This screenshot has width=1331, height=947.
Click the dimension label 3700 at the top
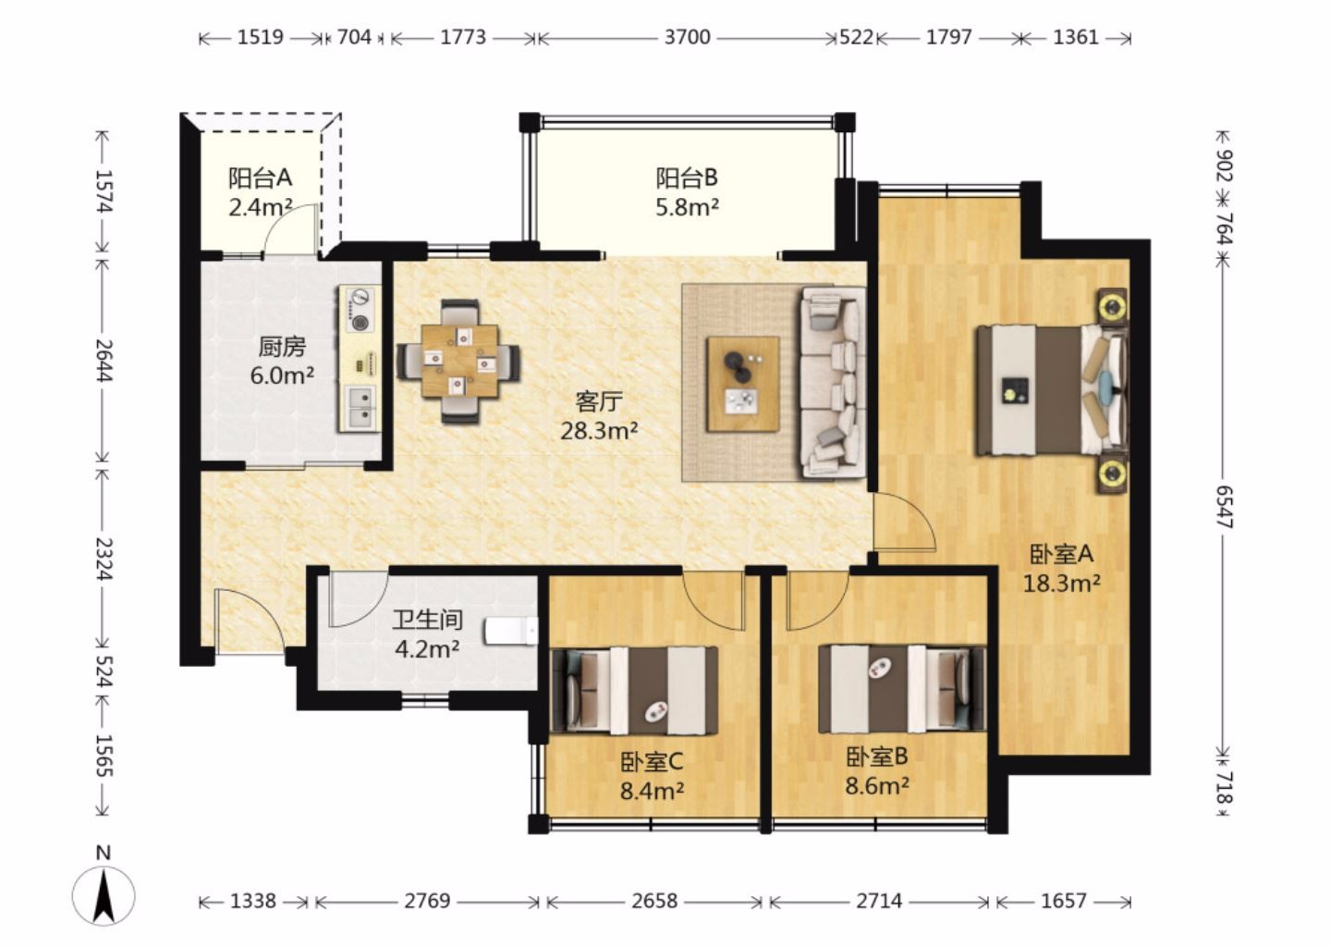click(687, 37)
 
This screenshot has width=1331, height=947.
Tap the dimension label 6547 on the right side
click(1225, 507)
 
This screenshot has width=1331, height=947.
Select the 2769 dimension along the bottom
click(427, 902)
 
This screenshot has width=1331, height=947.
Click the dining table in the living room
click(459, 361)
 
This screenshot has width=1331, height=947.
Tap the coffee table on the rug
click(742, 384)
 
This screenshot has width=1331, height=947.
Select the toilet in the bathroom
click(512, 631)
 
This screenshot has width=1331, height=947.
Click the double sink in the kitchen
click(360, 407)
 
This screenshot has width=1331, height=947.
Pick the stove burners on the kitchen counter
click(360, 310)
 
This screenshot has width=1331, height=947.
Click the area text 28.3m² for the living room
click(599, 431)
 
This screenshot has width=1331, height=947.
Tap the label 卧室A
click(1061, 554)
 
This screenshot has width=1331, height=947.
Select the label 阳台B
click(687, 178)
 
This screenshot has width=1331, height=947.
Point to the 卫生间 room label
click(427, 620)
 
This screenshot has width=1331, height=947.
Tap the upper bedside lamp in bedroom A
click(1112, 307)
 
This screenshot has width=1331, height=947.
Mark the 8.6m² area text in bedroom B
click(877, 786)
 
